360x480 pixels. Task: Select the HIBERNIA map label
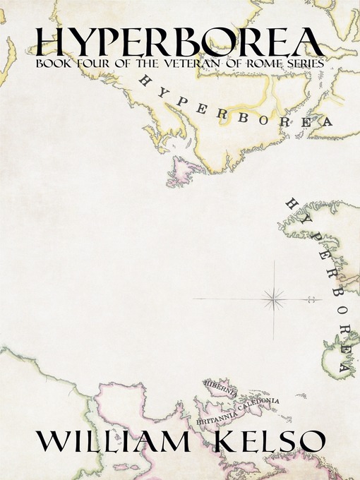218,384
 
